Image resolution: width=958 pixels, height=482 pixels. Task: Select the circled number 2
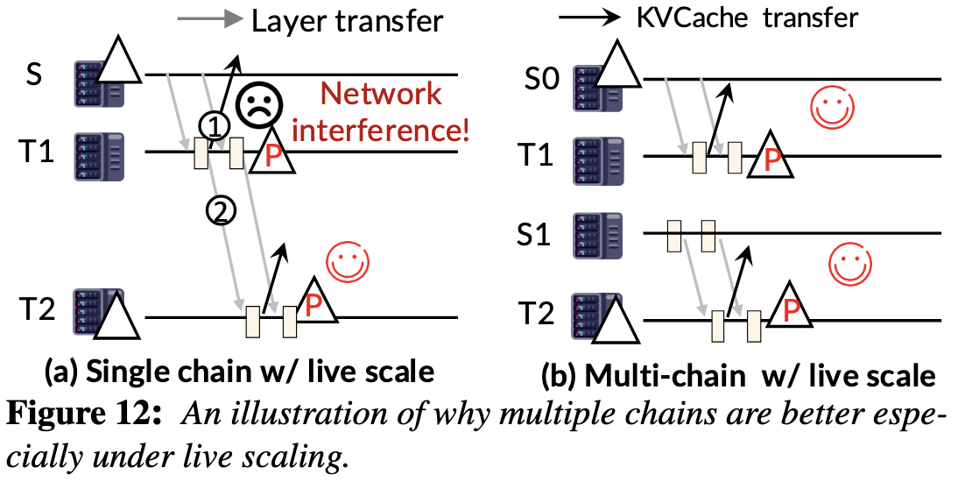point(221,209)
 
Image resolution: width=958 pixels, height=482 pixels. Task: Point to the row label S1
point(535,235)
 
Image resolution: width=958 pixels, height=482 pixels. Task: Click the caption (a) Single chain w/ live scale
point(239,372)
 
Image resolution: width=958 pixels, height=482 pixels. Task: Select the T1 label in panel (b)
point(535,156)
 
